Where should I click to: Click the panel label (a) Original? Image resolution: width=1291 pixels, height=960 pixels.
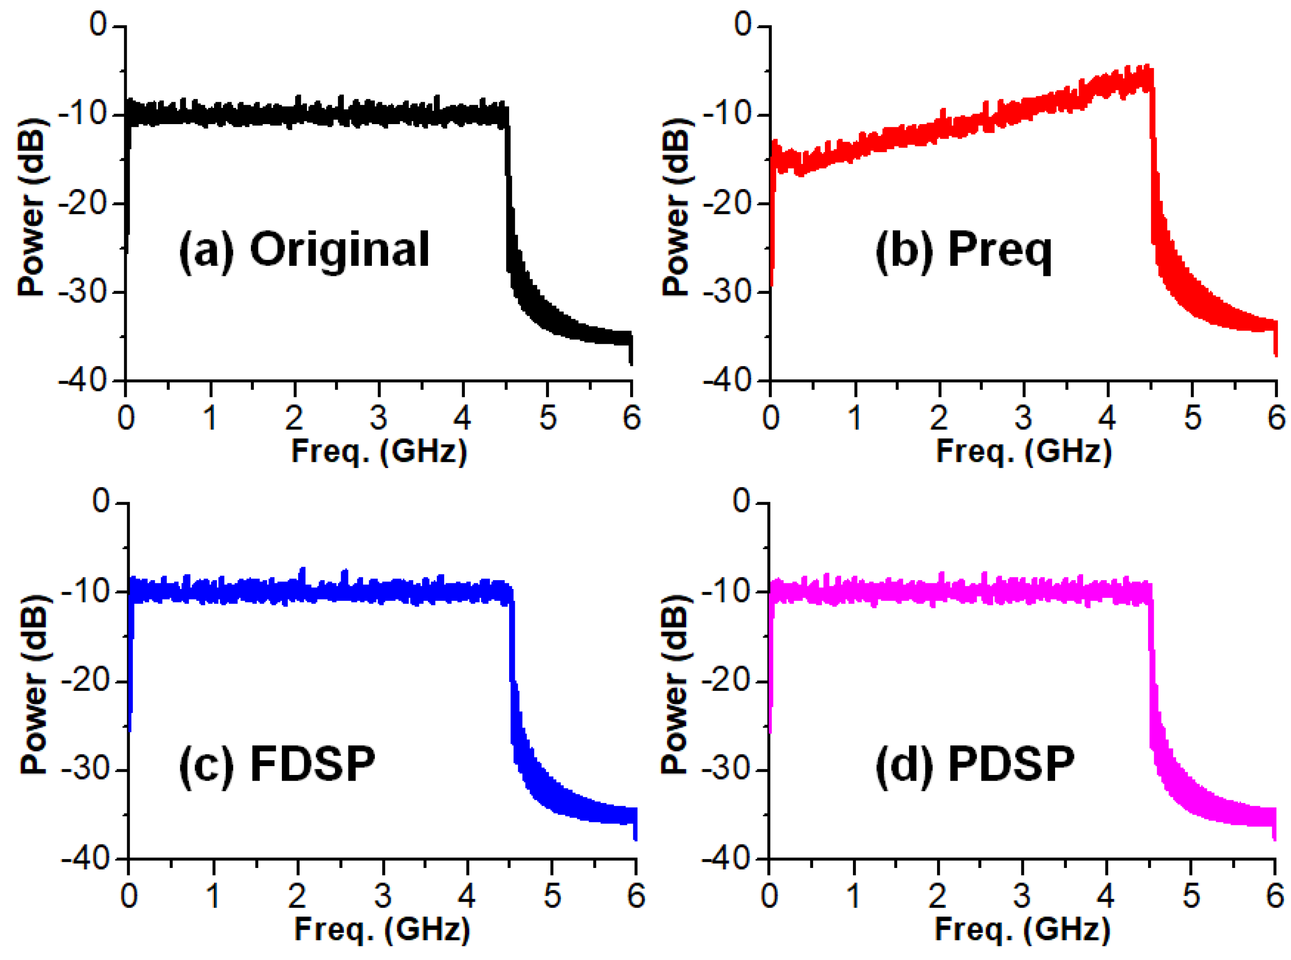pos(304,250)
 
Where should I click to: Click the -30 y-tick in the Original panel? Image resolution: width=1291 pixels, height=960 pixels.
pos(83,293)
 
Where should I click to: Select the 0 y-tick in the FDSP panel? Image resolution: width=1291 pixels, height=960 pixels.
pos(101,501)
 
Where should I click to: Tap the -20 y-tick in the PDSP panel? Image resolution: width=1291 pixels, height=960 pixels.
pos(726,681)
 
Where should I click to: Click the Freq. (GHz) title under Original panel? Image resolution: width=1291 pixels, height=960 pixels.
pos(379,452)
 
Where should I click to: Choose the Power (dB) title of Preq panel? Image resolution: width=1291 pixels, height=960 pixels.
pos(678,206)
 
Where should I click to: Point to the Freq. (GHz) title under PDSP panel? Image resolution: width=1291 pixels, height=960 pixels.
pos(1023,929)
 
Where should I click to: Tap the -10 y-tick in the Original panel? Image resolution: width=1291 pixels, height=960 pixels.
pos(83,114)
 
